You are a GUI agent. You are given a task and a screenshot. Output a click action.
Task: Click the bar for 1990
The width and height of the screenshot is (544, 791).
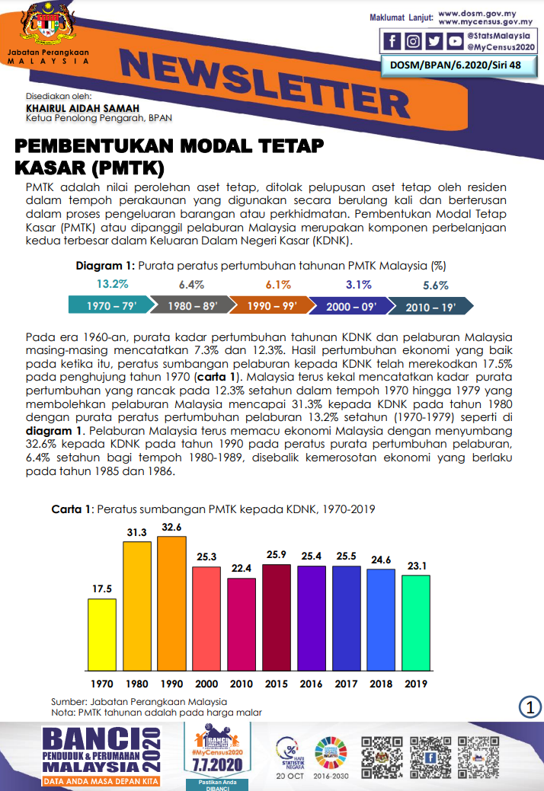coord(171,602)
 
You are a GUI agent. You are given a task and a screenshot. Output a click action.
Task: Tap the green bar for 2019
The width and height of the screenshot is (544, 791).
coord(416,621)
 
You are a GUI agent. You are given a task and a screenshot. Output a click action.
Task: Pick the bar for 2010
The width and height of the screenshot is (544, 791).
coord(242,623)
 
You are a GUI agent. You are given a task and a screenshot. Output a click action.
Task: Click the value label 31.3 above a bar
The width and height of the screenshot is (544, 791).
coord(137,533)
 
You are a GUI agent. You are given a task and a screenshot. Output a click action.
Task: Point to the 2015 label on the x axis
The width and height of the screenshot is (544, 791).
coord(277,684)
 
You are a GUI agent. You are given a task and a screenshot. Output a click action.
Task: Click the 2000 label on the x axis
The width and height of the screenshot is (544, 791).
coord(206,684)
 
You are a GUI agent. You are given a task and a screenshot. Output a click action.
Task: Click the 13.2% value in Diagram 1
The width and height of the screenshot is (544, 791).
coord(112,285)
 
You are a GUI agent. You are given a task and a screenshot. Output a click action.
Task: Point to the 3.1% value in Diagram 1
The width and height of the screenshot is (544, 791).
coord(358,285)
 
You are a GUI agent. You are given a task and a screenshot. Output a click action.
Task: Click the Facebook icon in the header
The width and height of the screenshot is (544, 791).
coord(393,42)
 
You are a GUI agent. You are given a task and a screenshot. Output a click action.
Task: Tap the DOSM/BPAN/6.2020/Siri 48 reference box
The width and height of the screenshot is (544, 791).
coord(456,66)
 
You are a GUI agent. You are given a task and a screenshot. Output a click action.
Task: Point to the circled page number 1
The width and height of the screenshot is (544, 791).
coord(530,707)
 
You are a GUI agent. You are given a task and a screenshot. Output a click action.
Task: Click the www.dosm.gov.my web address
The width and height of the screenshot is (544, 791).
coord(477,14)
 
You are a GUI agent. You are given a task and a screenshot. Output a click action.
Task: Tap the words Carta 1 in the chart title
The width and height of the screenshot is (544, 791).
coord(71,509)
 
